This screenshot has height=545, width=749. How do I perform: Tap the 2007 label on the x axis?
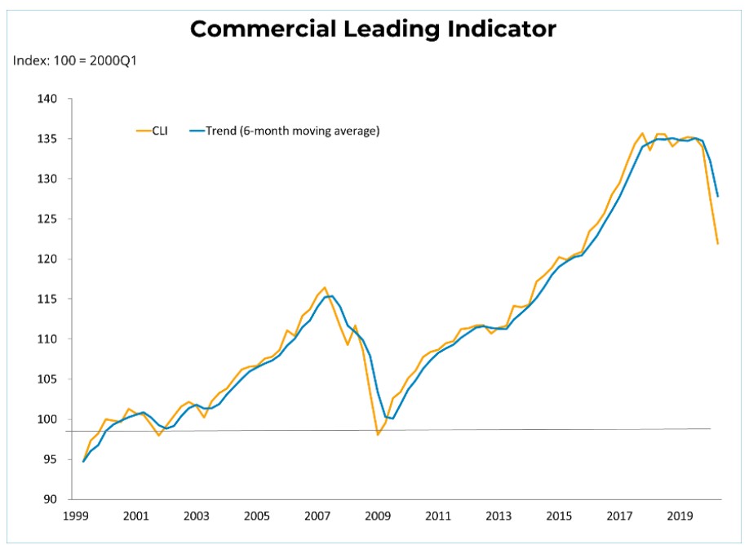point(317,516)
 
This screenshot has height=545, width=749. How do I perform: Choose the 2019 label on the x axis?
point(679,516)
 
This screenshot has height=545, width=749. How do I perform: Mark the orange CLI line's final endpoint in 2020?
point(718,244)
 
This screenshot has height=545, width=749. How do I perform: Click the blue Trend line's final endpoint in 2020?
point(718,196)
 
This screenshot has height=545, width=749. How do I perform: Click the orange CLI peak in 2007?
point(325,287)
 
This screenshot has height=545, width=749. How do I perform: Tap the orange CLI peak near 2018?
point(641,133)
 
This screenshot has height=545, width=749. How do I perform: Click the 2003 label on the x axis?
point(196,516)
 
